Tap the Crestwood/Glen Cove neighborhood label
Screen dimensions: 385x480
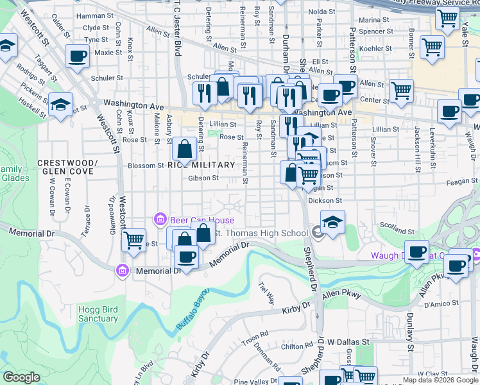pyautogui.click(x=67, y=167)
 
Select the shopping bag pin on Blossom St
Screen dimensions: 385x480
pyautogui.click(x=184, y=150)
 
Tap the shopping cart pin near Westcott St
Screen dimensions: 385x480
pyautogui.click(x=133, y=241)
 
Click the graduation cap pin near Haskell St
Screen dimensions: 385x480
pyautogui.click(x=60, y=105)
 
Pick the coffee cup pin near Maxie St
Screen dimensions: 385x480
pyautogui.click(x=77, y=56)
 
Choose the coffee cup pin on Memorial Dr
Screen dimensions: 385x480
pyautogui.click(x=187, y=257)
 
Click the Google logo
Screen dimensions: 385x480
pyautogui.click(x=22, y=377)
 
